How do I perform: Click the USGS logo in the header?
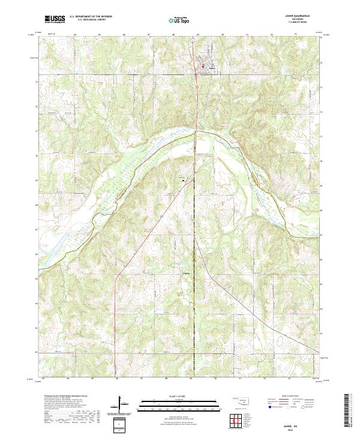tap(56, 20)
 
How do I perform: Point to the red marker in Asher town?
tap(203, 66)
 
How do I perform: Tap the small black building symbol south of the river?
tap(184, 180)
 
